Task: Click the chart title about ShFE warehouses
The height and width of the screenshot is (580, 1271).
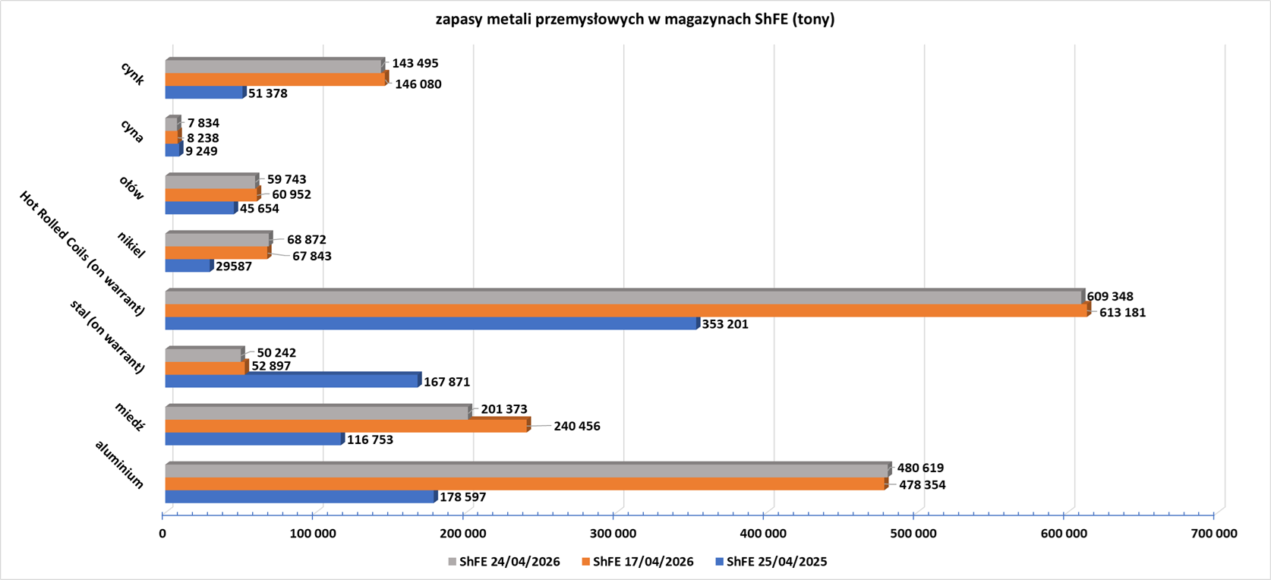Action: [635, 20]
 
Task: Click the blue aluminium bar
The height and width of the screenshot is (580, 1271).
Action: [300, 497]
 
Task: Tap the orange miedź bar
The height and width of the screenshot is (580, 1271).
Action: [346, 427]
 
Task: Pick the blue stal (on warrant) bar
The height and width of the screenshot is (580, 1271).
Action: [292, 381]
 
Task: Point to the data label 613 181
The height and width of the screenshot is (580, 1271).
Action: [1122, 312]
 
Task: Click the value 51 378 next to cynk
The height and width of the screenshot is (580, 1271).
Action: [267, 93]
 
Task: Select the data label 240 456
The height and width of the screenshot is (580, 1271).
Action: [577, 426]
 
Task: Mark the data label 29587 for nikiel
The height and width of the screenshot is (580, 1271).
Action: [234, 266]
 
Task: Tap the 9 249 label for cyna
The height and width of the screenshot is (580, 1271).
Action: [202, 151]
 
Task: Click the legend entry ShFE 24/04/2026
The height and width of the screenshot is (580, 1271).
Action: [504, 562]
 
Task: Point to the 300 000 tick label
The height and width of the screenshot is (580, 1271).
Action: [613, 534]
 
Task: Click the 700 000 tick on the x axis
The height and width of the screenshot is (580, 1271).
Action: [1214, 534]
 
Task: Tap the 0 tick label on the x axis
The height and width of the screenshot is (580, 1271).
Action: [162, 534]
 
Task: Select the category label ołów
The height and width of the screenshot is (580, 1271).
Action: [131, 188]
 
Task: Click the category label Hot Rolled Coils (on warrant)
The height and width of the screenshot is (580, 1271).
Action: [82, 253]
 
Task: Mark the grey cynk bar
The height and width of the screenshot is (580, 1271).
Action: [273, 66]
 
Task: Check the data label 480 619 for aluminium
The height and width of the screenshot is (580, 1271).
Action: [920, 468]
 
